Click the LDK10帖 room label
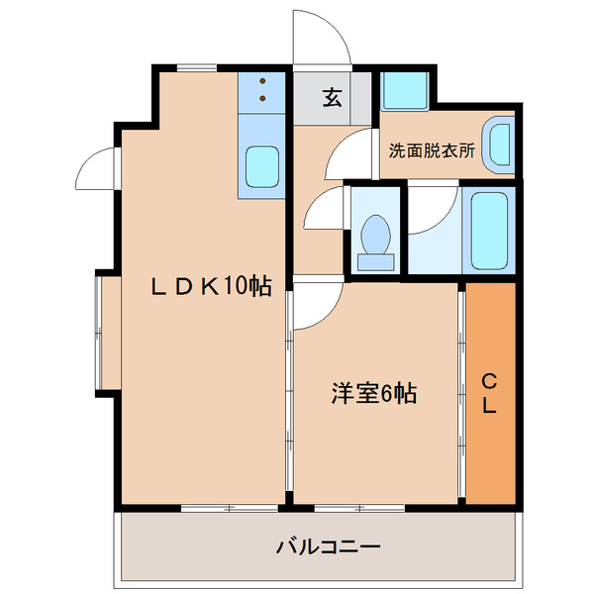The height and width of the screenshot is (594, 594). click(x=211, y=287)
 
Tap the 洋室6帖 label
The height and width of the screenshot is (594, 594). click(x=373, y=393)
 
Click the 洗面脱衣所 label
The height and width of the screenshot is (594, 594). click(x=431, y=151)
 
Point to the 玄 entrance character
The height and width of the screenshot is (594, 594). click(x=332, y=97)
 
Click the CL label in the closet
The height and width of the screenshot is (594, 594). click(x=489, y=393)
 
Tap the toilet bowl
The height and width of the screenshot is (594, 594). click(x=373, y=238)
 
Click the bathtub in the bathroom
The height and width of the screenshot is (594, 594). click(x=489, y=230)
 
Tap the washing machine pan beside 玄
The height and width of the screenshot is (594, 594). click(x=404, y=90)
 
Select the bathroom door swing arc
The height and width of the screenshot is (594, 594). click(x=433, y=208)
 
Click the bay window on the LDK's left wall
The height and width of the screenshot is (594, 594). click(x=108, y=332)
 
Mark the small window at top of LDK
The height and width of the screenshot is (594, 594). click(x=198, y=68)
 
